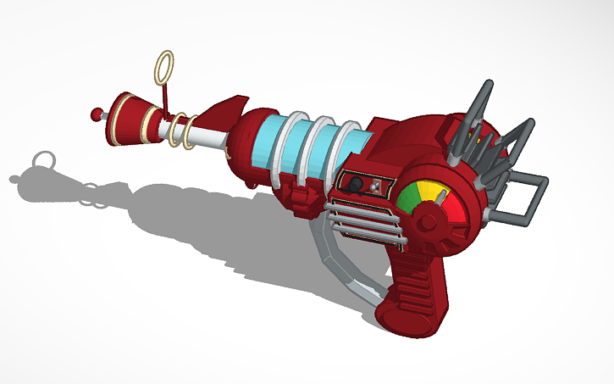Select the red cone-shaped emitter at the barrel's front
(132, 115)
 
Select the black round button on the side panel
(357, 185)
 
